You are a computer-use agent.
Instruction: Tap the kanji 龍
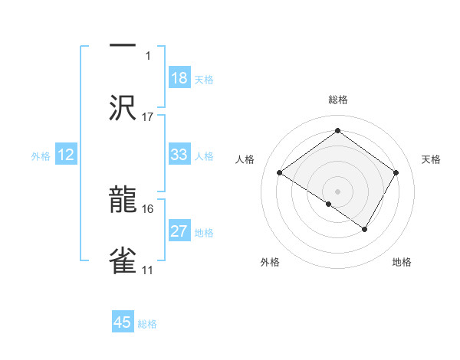click(x=123, y=200)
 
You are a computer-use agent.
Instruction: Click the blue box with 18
click(x=179, y=78)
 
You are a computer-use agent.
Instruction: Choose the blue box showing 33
click(x=179, y=155)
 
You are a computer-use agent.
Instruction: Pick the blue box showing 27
click(x=179, y=231)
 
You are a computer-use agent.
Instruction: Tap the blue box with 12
click(x=66, y=155)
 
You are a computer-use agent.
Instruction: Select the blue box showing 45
click(x=123, y=322)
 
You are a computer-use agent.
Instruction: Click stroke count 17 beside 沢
click(x=148, y=116)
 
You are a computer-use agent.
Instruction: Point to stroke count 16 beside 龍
click(x=148, y=208)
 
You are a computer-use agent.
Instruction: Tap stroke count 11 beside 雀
click(x=148, y=270)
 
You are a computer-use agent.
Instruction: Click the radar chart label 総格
click(x=338, y=100)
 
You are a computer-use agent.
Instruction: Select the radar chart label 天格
click(x=431, y=159)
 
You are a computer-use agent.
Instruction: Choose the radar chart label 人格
click(x=245, y=159)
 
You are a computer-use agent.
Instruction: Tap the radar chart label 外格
click(x=270, y=262)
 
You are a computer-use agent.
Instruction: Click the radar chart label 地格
click(x=402, y=262)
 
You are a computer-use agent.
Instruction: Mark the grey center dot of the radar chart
click(x=338, y=191)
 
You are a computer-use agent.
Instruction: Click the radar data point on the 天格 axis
click(x=396, y=173)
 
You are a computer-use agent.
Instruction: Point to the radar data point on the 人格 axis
click(x=280, y=173)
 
